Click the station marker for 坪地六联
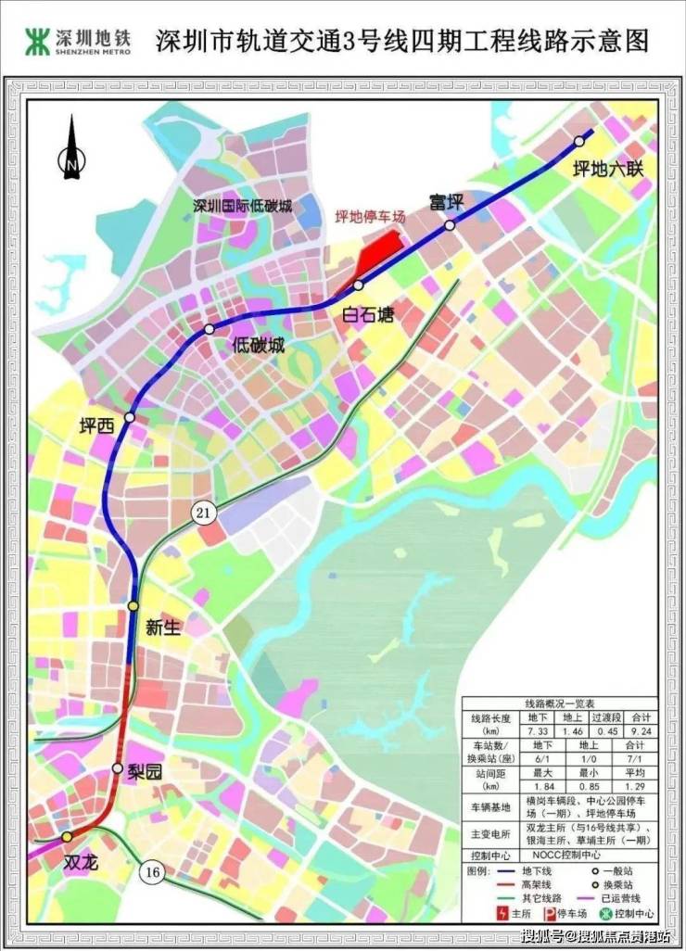pyautogui.click(x=579, y=141)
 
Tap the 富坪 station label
pyautogui.click(x=445, y=201)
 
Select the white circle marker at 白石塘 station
pyautogui.click(x=358, y=285)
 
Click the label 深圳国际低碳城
pyautogui.click(x=242, y=206)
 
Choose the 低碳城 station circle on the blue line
pyautogui.click(x=210, y=329)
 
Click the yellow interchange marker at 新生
pyautogui.click(x=133, y=605)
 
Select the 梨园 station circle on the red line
pyautogui.click(x=118, y=767)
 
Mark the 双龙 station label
pyautogui.click(x=81, y=859)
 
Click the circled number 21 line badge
pyautogui.click(x=204, y=511)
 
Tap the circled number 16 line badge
pyautogui.click(x=151, y=871)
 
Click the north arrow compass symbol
pyautogui.click(x=71, y=148)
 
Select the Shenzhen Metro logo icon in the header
pyautogui.click(x=38, y=40)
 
